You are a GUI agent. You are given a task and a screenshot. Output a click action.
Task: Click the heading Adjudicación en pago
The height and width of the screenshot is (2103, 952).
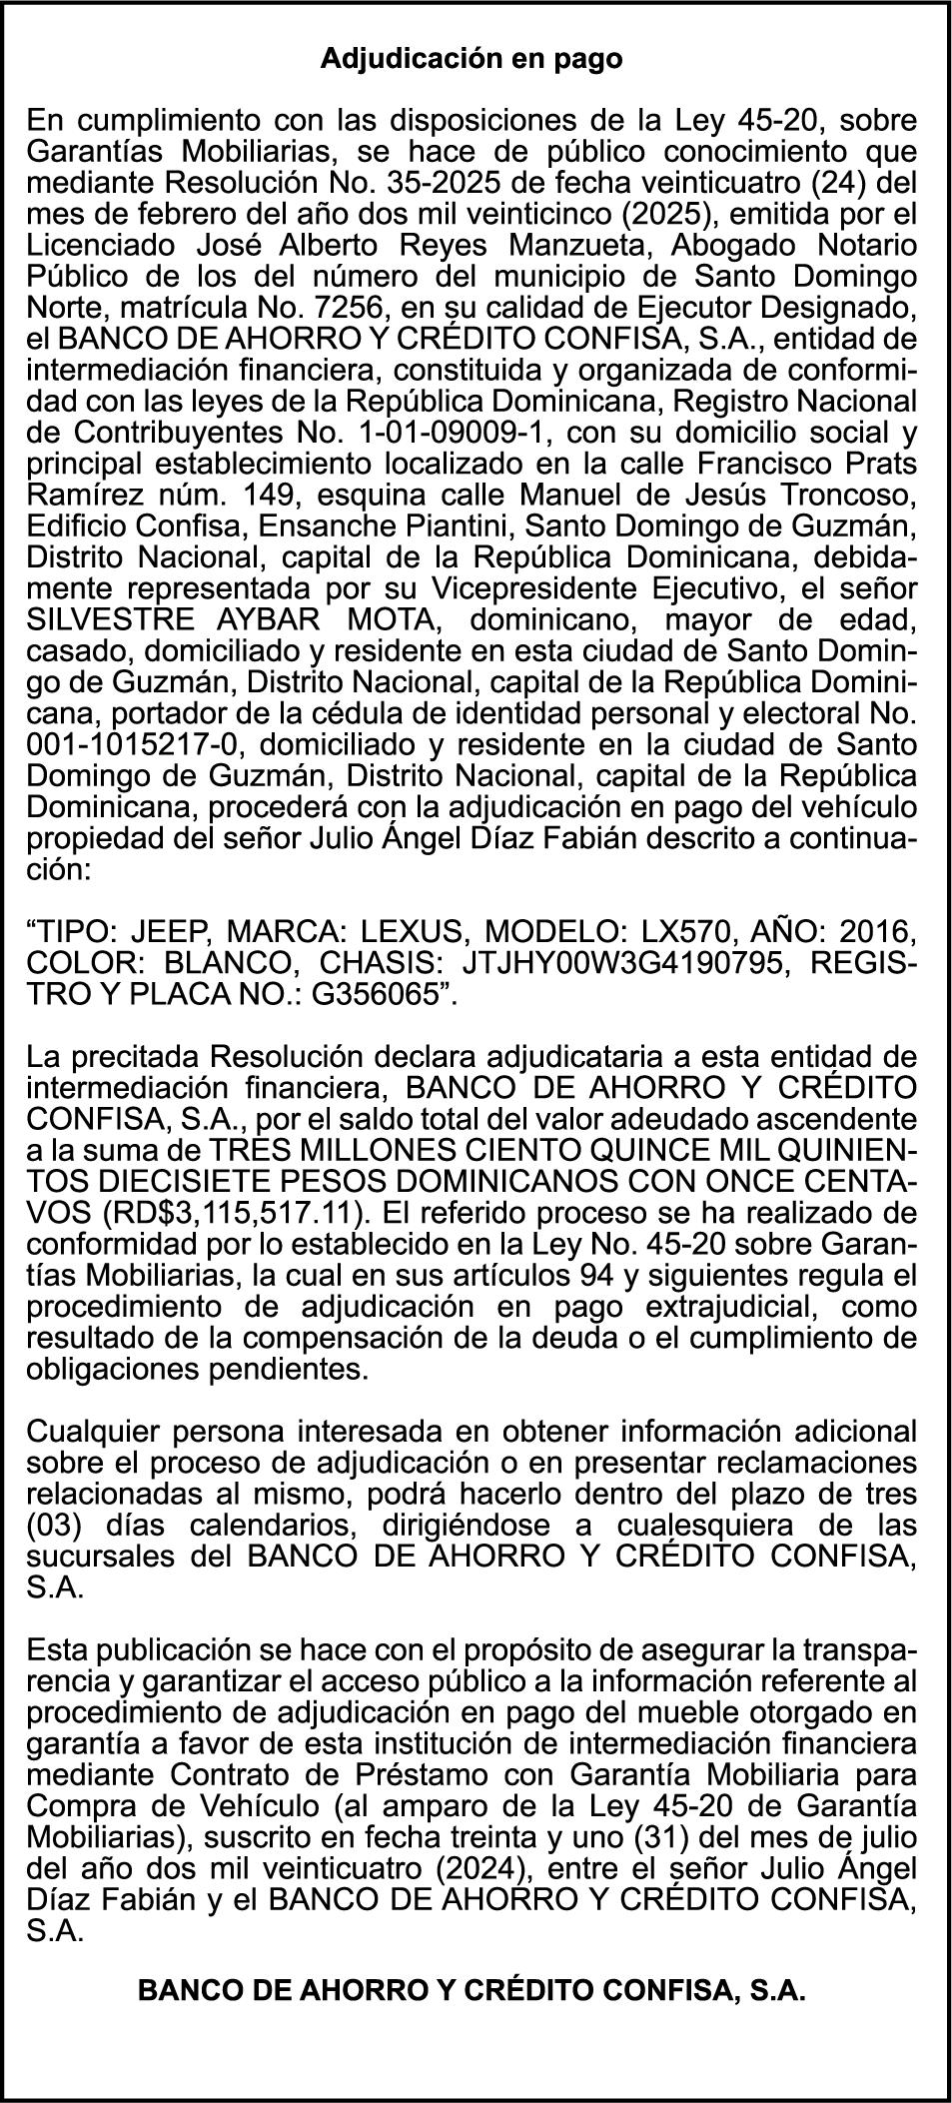pos(472,59)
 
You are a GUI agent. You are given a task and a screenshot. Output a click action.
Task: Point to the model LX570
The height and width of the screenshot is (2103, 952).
pos(732,933)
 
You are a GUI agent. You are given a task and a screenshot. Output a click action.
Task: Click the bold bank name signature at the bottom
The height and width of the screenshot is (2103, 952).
pos(472,1990)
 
